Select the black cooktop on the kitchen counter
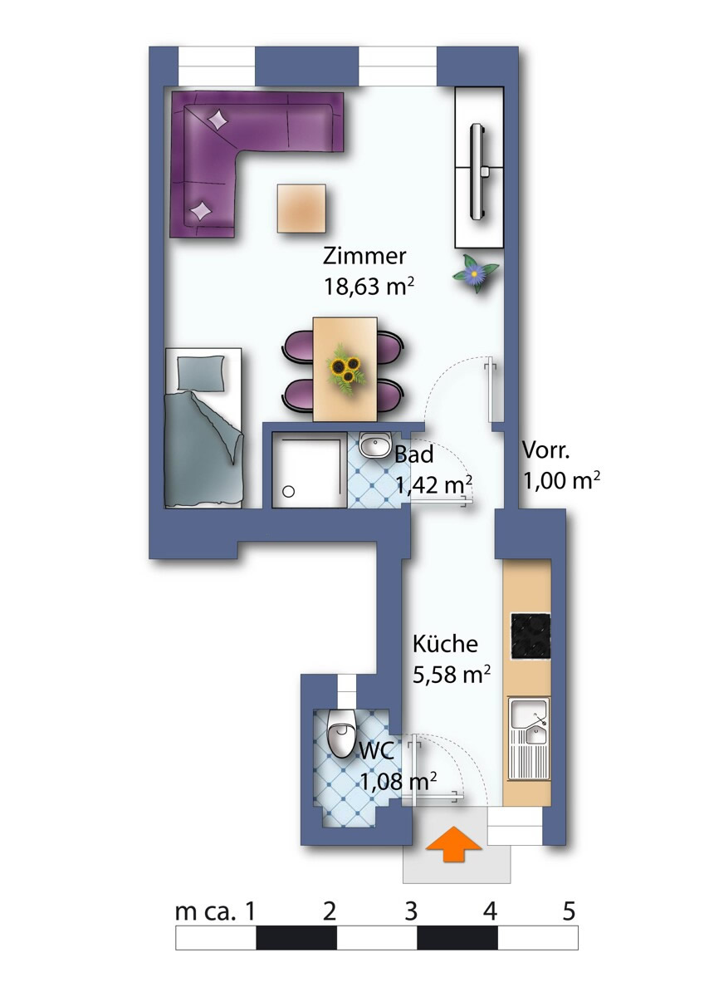530,636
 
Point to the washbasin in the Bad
374,445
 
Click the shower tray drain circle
289,492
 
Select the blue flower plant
476,272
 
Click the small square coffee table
302,209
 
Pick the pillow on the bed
201,372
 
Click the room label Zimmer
364,257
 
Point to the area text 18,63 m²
369,286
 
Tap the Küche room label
445,644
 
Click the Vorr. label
545,450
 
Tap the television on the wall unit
479,170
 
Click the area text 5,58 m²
452,675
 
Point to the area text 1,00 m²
561,480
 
